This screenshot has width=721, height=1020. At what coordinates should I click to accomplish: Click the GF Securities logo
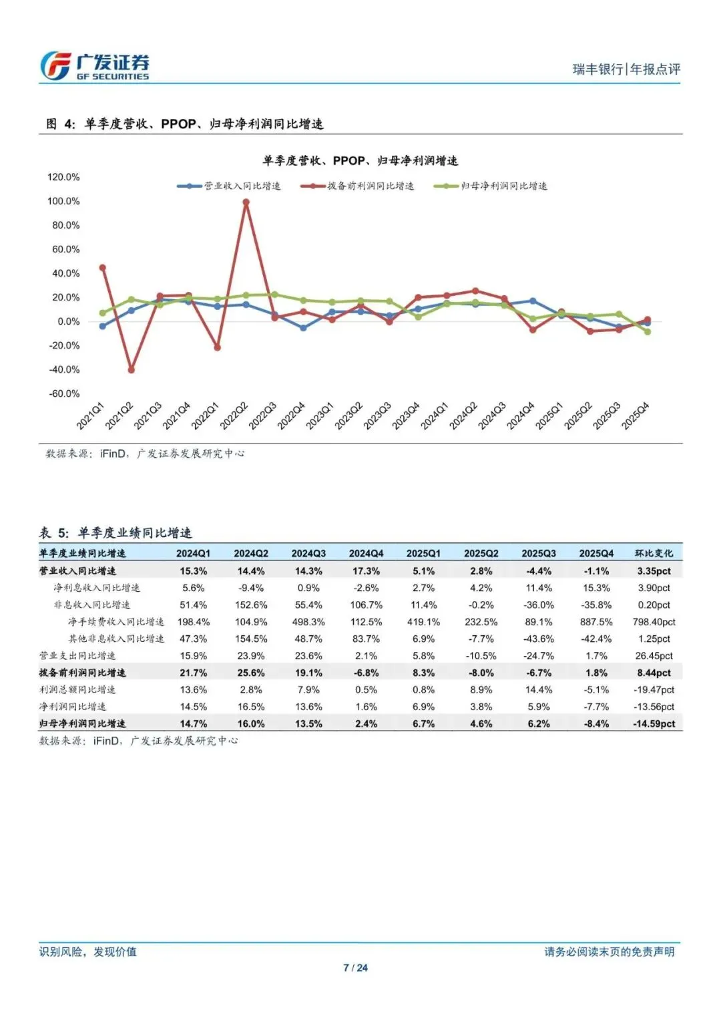[x=94, y=67]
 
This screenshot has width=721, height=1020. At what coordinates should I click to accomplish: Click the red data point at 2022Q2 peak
[x=246, y=202]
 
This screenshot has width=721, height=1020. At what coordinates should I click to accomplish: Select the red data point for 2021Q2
[x=132, y=369]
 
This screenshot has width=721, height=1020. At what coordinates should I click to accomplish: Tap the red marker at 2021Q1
[x=103, y=268]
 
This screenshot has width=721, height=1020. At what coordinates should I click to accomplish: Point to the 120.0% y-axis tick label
[x=63, y=177]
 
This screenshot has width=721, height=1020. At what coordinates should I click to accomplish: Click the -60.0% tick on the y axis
[x=64, y=393]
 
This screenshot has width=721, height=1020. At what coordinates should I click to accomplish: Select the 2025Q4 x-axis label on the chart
[x=636, y=416]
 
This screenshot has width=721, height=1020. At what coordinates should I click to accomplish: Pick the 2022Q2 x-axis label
[x=234, y=416]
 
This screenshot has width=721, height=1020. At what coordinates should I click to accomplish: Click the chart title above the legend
[x=360, y=161]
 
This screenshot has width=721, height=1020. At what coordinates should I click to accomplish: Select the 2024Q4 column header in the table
[x=366, y=554]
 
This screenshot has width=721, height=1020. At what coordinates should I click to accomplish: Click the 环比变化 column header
[x=654, y=554]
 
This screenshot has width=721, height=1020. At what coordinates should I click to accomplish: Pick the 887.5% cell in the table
[x=596, y=622]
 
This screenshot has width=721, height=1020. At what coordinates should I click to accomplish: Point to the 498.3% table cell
[x=308, y=622]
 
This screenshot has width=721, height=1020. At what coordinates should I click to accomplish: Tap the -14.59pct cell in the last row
[x=654, y=723]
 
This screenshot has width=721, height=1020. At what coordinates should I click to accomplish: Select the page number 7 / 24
[x=355, y=968]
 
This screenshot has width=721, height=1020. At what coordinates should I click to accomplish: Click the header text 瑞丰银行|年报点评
[x=626, y=69]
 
